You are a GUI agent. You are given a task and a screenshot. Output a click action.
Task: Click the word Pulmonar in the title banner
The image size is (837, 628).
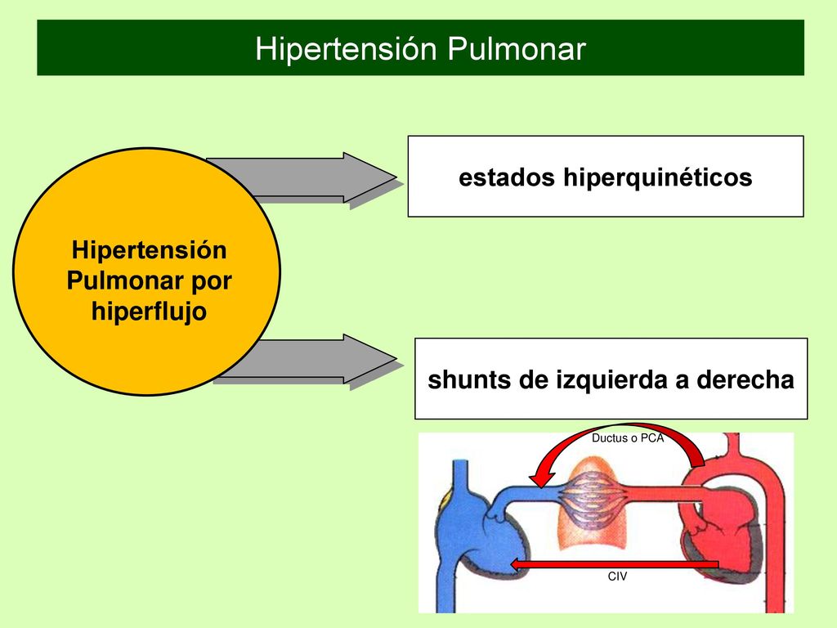(x=517, y=48)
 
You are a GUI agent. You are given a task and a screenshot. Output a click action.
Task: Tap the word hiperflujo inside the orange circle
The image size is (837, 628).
(x=149, y=312)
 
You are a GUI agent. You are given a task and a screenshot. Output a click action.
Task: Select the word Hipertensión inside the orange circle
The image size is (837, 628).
(x=149, y=250)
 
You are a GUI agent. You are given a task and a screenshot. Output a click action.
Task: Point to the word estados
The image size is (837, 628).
(x=507, y=177)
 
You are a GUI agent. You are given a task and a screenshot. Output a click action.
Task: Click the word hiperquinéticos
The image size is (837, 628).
(x=658, y=177)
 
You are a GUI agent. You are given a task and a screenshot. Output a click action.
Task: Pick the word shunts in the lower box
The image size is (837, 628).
(x=462, y=379)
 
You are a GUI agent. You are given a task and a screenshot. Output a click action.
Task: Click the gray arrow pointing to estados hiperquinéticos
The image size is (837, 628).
(x=315, y=177)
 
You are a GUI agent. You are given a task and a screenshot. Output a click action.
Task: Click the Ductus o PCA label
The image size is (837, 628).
(x=628, y=438)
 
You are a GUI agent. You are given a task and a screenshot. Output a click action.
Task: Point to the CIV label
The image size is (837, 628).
(x=617, y=576)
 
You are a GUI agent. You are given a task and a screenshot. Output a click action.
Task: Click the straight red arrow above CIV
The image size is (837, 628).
(x=615, y=564)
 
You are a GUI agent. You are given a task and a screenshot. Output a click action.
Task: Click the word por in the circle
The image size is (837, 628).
(x=212, y=282)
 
